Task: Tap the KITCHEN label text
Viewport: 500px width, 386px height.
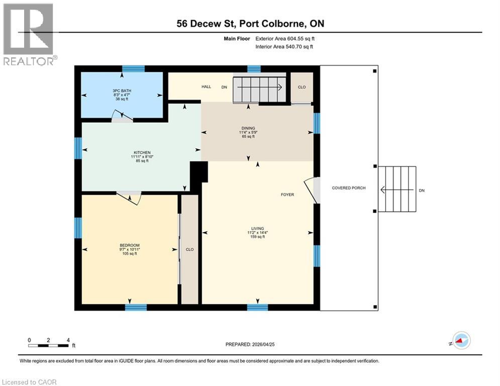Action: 142,152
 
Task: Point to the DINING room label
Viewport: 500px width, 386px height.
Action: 248,128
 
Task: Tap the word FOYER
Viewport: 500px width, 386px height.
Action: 287,195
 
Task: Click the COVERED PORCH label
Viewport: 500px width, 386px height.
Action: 349,188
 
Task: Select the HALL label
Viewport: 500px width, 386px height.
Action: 206,87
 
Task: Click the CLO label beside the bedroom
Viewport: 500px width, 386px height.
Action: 189,249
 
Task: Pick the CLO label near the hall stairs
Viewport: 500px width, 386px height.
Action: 302,87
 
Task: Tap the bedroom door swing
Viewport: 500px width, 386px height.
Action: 130,198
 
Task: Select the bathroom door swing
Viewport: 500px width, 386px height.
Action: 122,117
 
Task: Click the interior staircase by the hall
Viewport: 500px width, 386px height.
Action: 259,89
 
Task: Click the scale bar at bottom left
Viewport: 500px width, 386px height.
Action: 49,345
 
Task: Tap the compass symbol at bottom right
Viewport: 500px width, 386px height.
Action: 460,341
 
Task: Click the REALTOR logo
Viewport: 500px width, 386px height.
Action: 29,34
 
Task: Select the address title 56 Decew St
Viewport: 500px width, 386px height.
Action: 250,24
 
